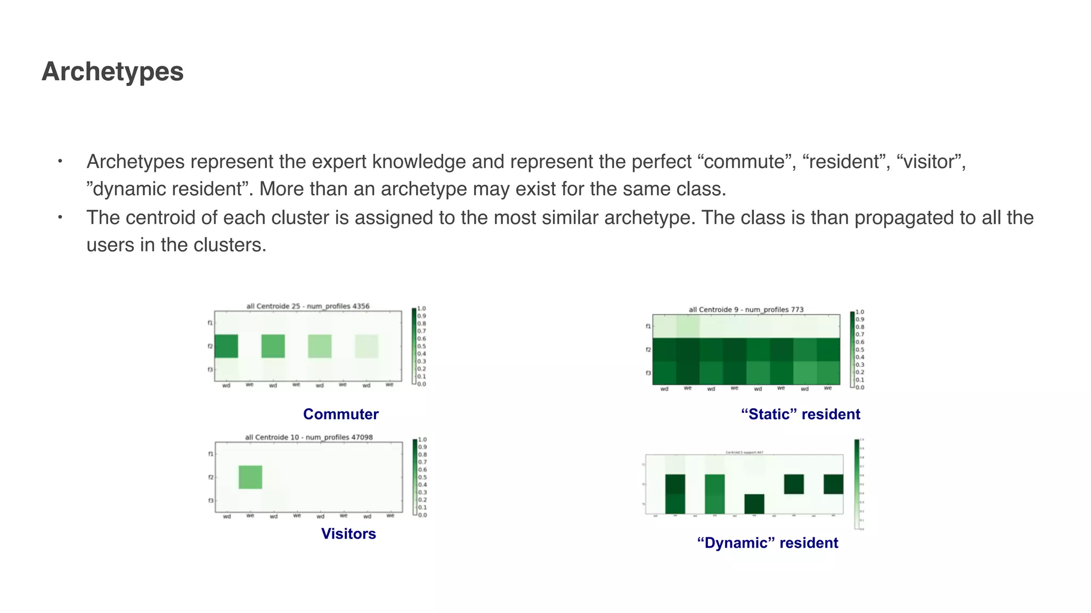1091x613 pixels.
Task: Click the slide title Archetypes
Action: point(112,72)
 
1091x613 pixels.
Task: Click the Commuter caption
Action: point(340,414)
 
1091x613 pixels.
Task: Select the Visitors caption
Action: point(348,534)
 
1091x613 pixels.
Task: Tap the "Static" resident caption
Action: point(800,414)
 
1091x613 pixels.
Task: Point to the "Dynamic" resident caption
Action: point(767,543)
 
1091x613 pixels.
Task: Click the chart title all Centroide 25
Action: point(307,306)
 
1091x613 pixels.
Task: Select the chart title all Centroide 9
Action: point(746,309)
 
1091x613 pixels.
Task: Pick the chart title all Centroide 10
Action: point(308,437)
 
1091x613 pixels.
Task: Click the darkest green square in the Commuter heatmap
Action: point(226,346)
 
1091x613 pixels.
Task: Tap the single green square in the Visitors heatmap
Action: point(250,477)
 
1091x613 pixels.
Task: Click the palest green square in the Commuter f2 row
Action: point(367,346)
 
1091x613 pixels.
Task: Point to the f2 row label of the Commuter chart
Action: point(210,346)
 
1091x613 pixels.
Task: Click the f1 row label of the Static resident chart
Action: point(648,326)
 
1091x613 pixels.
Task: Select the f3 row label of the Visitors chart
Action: point(210,501)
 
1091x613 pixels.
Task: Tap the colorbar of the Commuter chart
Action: point(414,346)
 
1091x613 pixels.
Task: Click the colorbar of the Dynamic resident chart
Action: point(857,484)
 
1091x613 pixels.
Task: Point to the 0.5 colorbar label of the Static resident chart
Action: point(860,350)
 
